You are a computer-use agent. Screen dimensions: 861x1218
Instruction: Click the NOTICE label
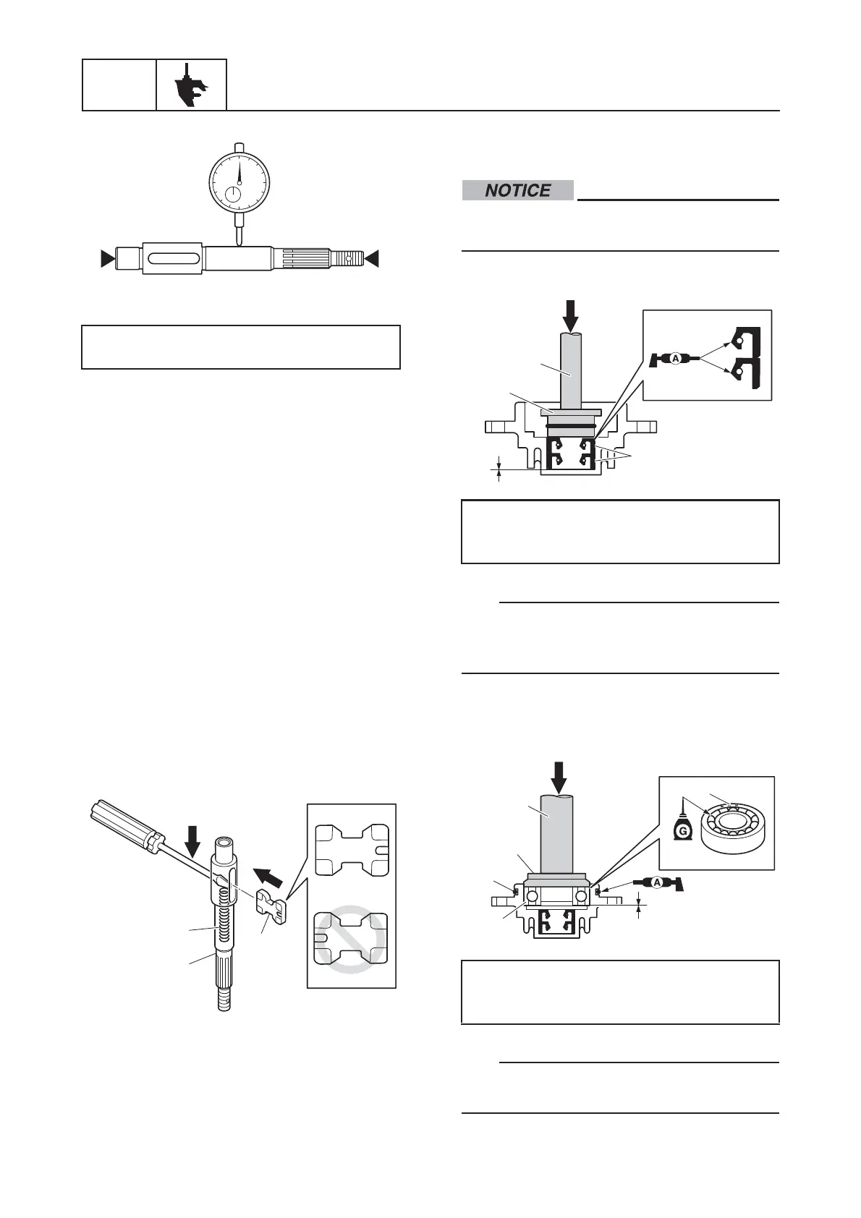pyautogui.click(x=517, y=190)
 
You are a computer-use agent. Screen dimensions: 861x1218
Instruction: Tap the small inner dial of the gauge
pyautogui.click(x=233, y=194)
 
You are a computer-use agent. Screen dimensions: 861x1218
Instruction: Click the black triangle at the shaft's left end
pyautogui.click(x=107, y=257)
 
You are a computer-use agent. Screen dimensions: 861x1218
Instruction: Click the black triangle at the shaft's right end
pyautogui.click(x=373, y=258)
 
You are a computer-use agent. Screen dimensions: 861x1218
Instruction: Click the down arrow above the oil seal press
pyautogui.click(x=571, y=313)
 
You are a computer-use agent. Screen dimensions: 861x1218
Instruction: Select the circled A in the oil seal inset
pyautogui.click(x=674, y=358)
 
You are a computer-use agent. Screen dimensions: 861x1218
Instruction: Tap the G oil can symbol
pyautogui.click(x=681, y=826)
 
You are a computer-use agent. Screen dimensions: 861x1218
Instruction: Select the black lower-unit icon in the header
pyautogui.click(x=191, y=85)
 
